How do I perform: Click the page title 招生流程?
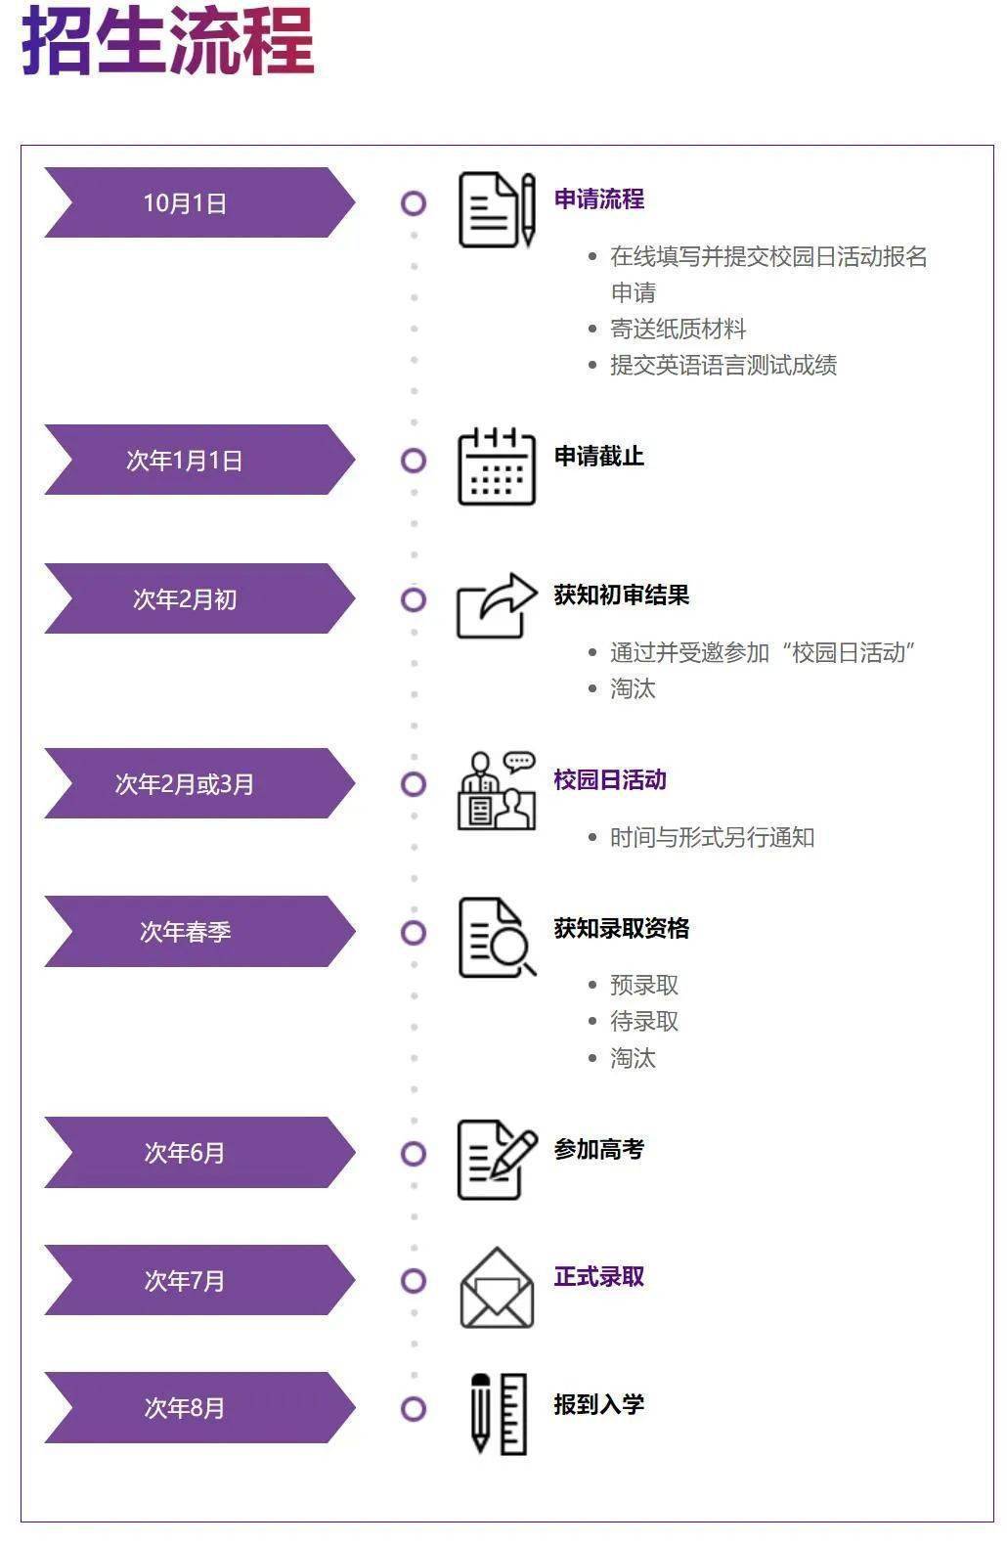pos(167,41)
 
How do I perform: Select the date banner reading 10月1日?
pos(186,203)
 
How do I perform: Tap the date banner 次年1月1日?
pos(186,461)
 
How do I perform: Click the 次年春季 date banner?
pos(186,932)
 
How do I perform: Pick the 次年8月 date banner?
pos(186,1408)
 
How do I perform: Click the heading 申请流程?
pos(599,199)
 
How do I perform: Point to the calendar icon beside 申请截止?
pos(497,466)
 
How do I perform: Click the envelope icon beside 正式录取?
pos(497,1288)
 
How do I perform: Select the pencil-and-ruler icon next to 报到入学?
pos(499,1414)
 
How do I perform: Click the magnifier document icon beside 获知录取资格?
pos(497,938)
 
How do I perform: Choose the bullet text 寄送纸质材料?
pos(678,330)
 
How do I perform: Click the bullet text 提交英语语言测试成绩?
pos(723,366)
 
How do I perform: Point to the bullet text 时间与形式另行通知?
pos(712,838)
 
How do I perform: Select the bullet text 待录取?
pos(644,1022)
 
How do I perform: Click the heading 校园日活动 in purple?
pos(610,780)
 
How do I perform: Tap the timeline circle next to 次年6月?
pos(414,1154)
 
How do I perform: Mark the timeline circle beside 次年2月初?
pos(414,599)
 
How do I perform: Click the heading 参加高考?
pos(599,1150)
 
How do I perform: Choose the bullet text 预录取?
pos(644,986)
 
